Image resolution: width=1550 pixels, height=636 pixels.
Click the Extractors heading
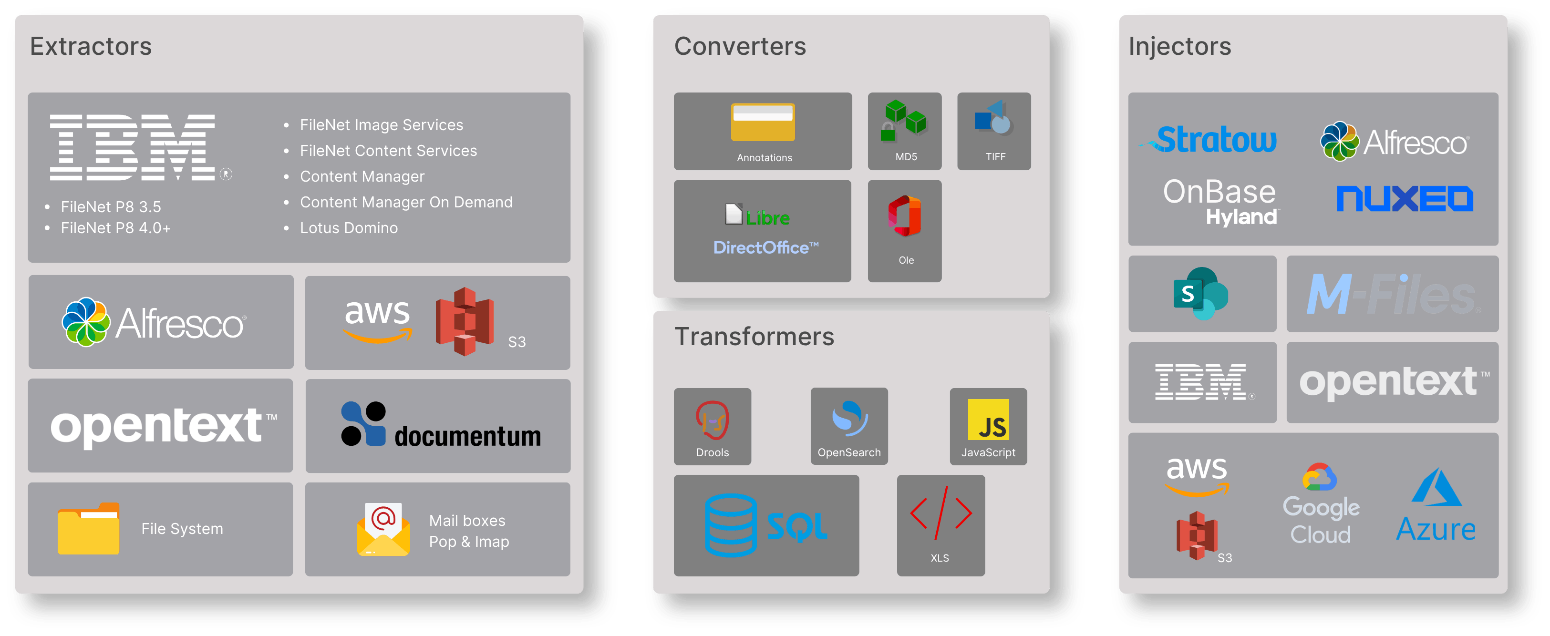point(91,46)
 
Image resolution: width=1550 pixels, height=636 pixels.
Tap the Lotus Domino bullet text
point(349,228)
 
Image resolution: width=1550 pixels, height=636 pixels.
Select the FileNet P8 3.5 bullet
point(111,207)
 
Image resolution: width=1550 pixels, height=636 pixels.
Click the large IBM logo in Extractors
point(133,147)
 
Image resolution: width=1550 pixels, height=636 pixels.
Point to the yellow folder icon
point(88,528)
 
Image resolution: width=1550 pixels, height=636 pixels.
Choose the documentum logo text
point(467,436)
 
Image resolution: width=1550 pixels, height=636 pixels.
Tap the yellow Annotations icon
point(763,122)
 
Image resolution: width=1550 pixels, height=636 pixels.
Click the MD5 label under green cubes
point(906,156)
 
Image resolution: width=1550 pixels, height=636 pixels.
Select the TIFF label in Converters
point(996,156)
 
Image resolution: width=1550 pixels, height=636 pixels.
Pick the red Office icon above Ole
point(905,216)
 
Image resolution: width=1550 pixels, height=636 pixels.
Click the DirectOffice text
point(766,247)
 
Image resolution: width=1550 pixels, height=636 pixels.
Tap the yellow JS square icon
point(989,420)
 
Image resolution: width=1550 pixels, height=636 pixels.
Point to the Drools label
point(713,452)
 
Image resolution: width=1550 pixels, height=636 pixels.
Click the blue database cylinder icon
point(731,525)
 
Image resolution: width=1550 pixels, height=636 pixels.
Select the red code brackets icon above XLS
point(941,513)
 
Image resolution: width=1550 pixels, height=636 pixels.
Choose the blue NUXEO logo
point(1405,198)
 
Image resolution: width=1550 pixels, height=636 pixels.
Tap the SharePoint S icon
point(1201,294)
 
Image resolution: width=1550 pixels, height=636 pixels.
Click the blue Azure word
point(1436,530)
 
